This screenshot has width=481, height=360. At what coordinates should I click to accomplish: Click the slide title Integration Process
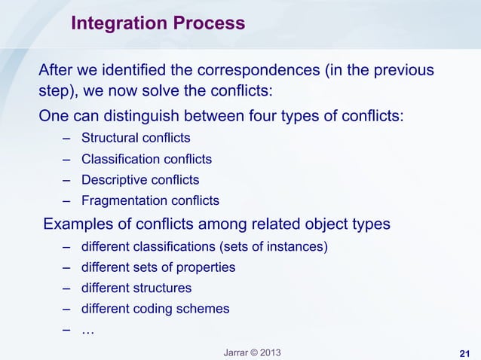pyautogui.click(x=158, y=24)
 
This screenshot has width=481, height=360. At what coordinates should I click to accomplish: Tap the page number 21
pyautogui.click(x=465, y=354)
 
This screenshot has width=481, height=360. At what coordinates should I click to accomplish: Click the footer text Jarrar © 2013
pyautogui.click(x=250, y=352)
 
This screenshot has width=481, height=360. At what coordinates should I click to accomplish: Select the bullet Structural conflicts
pyautogui.click(x=136, y=139)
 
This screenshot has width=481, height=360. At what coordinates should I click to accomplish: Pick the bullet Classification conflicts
pyautogui.click(x=146, y=160)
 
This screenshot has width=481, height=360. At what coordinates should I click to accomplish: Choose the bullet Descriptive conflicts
pyautogui.click(x=140, y=180)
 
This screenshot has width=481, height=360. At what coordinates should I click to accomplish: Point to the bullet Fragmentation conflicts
pyautogui.click(x=150, y=201)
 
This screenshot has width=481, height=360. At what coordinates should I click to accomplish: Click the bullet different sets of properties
pyautogui.click(x=158, y=267)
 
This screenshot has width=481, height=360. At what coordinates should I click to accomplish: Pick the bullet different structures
pyautogui.click(x=136, y=288)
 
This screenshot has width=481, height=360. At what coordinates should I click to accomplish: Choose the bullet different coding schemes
pyautogui.click(x=155, y=309)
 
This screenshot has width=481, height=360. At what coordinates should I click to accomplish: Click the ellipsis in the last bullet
pyautogui.click(x=87, y=329)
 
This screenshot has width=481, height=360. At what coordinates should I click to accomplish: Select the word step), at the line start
pyautogui.click(x=60, y=93)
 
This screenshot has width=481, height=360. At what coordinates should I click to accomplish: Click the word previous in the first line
pyautogui.click(x=405, y=72)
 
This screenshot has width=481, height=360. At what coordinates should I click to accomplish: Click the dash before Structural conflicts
pyautogui.click(x=67, y=139)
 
